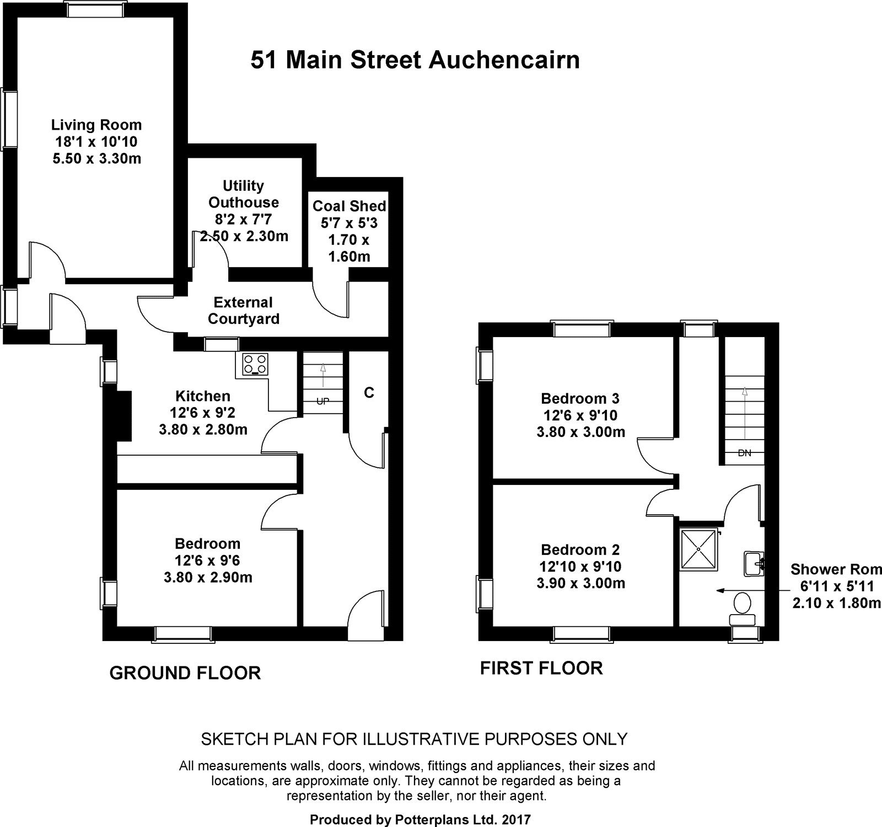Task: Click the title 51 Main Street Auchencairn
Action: pyautogui.click(x=415, y=60)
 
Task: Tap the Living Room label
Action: pyautogui.click(x=96, y=125)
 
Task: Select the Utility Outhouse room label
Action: pyautogui.click(x=244, y=194)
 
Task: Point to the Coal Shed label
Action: pyautogui.click(x=349, y=206)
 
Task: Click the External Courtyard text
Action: pyautogui.click(x=244, y=311)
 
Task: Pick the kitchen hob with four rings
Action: pyautogui.click(x=255, y=364)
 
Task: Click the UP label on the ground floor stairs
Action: pyautogui.click(x=322, y=401)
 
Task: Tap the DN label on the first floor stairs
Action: pyautogui.click(x=744, y=453)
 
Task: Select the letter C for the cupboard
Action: pyautogui.click(x=369, y=392)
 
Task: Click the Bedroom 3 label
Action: pyautogui.click(x=580, y=398)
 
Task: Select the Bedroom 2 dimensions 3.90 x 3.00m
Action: pyautogui.click(x=580, y=583)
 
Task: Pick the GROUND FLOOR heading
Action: pyautogui.click(x=185, y=673)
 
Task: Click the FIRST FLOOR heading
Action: pyautogui.click(x=541, y=668)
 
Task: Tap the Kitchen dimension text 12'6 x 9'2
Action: pyautogui.click(x=203, y=413)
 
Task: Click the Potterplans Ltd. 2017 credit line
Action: pyautogui.click(x=420, y=819)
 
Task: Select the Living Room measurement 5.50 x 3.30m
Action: pyautogui.click(x=96, y=159)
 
